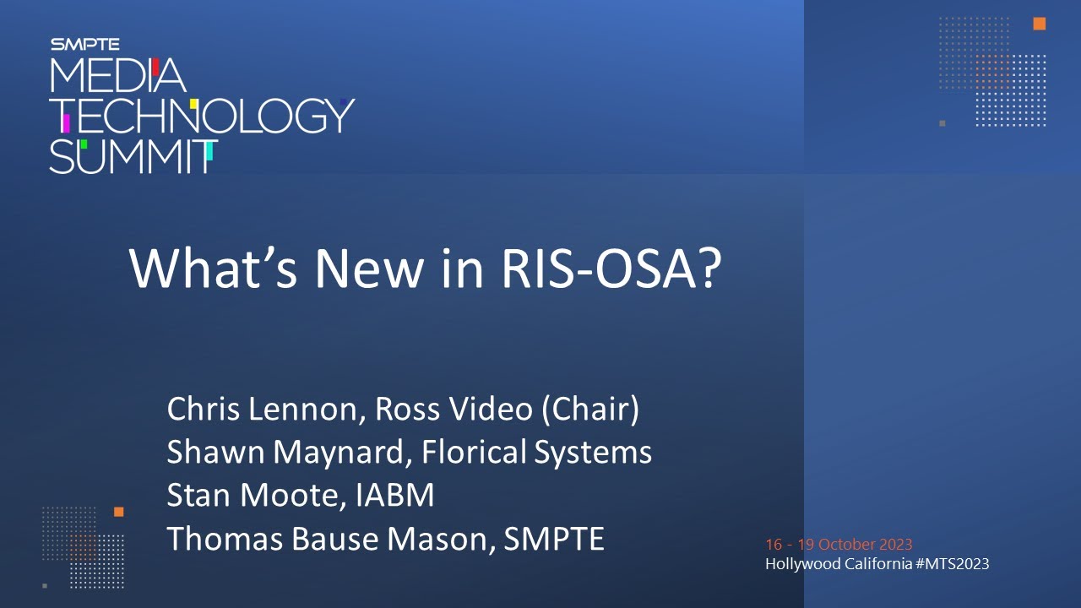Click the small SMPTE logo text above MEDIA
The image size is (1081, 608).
point(85,45)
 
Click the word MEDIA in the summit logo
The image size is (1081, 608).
point(117,75)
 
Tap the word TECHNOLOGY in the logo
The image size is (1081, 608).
point(203,116)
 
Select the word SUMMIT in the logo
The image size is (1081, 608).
point(133,157)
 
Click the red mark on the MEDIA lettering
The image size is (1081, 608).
point(155,67)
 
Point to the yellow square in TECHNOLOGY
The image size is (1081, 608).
point(193,104)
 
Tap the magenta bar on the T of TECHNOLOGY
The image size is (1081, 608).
point(66,122)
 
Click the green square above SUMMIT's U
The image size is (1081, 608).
point(84,144)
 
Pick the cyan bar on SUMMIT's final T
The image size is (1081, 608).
point(209,151)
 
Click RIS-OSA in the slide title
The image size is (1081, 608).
point(611,269)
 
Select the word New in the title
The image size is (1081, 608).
point(369,269)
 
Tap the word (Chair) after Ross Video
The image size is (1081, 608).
point(590,410)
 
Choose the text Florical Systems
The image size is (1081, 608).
point(536,453)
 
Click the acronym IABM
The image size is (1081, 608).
point(394,495)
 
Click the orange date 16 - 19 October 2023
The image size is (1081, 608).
point(839,545)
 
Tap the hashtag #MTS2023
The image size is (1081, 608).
point(952,563)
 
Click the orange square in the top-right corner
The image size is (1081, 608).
point(1040,24)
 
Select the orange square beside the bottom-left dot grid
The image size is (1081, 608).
point(119,512)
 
